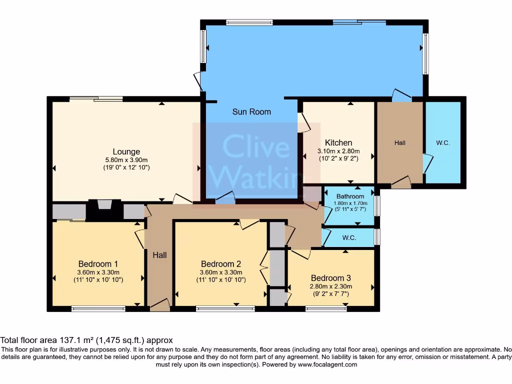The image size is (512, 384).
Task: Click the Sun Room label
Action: [x=251, y=111]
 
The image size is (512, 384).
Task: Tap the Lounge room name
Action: [x=126, y=151]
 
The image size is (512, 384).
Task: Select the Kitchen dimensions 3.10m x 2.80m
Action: [x=338, y=151]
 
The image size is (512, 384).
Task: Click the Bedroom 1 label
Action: [x=98, y=263]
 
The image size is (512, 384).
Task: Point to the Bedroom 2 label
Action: [x=221, y=263]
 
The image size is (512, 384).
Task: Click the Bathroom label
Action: [x=350, y=196]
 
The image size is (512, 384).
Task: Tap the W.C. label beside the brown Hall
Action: [x=443, y=143]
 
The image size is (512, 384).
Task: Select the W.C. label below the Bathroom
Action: [x=349, y=238]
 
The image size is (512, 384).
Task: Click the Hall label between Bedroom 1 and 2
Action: [x=159, y=255]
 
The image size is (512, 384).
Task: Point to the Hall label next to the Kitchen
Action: [x=399, y=143]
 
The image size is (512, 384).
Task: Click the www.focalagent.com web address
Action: [x=327, y=364]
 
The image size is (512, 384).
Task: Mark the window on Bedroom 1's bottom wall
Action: [x=98, y=309]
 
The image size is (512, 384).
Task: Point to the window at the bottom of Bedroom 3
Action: [x=326, y=309]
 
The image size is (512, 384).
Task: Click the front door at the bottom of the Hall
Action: [x=160, y=305]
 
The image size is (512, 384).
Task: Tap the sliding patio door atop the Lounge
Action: [x=96, y=98]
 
